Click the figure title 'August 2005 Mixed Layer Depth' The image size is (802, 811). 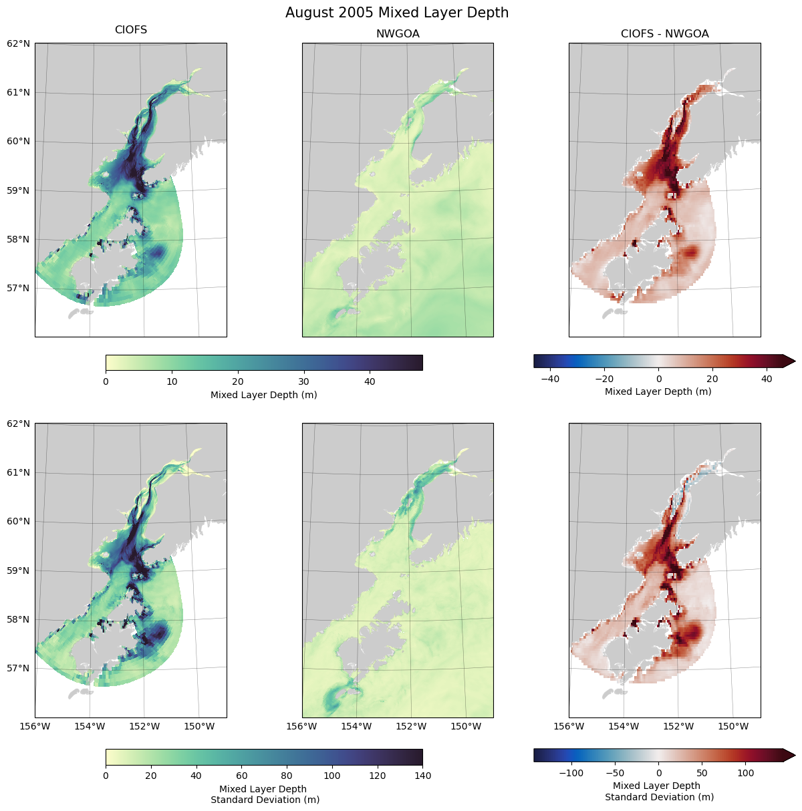click(x=397, y=13)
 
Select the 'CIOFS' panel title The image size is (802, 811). click(x=131, y=30)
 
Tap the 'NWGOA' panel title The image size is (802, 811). click(x=398, y=34)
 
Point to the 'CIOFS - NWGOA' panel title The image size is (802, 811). click(x=664, y=34)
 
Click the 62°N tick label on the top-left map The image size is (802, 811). click(x=19, y=43)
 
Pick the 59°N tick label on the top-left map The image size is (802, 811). click(x=19, y=190)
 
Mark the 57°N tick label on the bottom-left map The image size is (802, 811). click(x=19, y=669)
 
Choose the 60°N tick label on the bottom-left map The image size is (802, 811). click(x=19, y=522)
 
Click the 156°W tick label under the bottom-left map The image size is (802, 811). click(x=35, y=726)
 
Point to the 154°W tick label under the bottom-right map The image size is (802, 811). click(x=624, y=726)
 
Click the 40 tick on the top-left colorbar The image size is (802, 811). click(x=370, y=381)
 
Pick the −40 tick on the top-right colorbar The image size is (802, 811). click(x=550, y=379)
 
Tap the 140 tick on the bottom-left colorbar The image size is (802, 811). click(x=422, y=776)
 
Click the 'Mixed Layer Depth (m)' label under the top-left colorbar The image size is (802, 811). click(x=263, y=395)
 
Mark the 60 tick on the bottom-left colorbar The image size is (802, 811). click(x=241, y=776)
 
